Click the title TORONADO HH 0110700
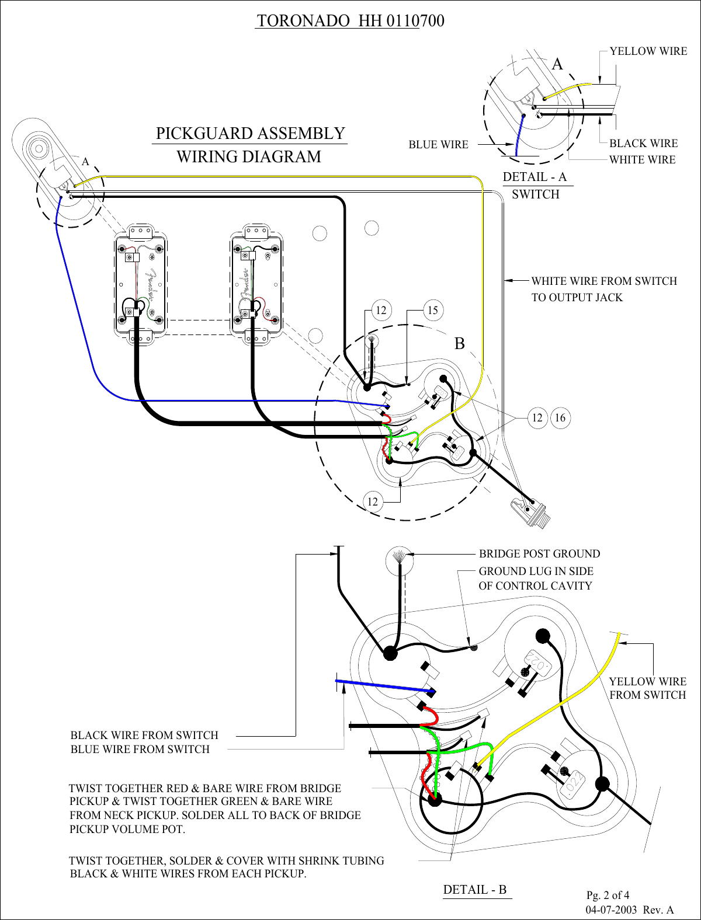pyautogui.click(x=350, y=21)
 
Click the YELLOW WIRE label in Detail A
pyautogui.click(x=648, y=51)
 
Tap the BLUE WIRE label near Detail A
pyautogui.click(x=438, y=145)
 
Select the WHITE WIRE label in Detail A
pyautogui.click(x=642, y=160)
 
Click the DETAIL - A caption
pyautogui.click(x=535, y=177)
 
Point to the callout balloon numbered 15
pyautogui.click(x=433, y=310)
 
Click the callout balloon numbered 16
pyautogui.click(x=560, y=418)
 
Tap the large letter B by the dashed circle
pyautogui.click(x=460, y=344)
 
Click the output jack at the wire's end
pyautogui.click(x=528, y=511)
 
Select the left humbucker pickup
pyautogui.click(x=140, y=284)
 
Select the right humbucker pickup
pyautogui.click(x=257, y=284)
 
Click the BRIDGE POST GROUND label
pyautogui.click(x=539, y=554)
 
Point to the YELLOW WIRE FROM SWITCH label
pyautogui.click(x=647, y=688)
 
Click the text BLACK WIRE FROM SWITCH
pyautogui.click(x=144, y=736)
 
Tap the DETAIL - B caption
pyautogui.click(x=475, y=890)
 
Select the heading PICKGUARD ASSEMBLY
pyautogui.click(x=250, y=134)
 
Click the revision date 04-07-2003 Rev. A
pyautogui.click(x=629, y=910)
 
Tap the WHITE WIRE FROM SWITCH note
pyautogui.click(x=603, y=281)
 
